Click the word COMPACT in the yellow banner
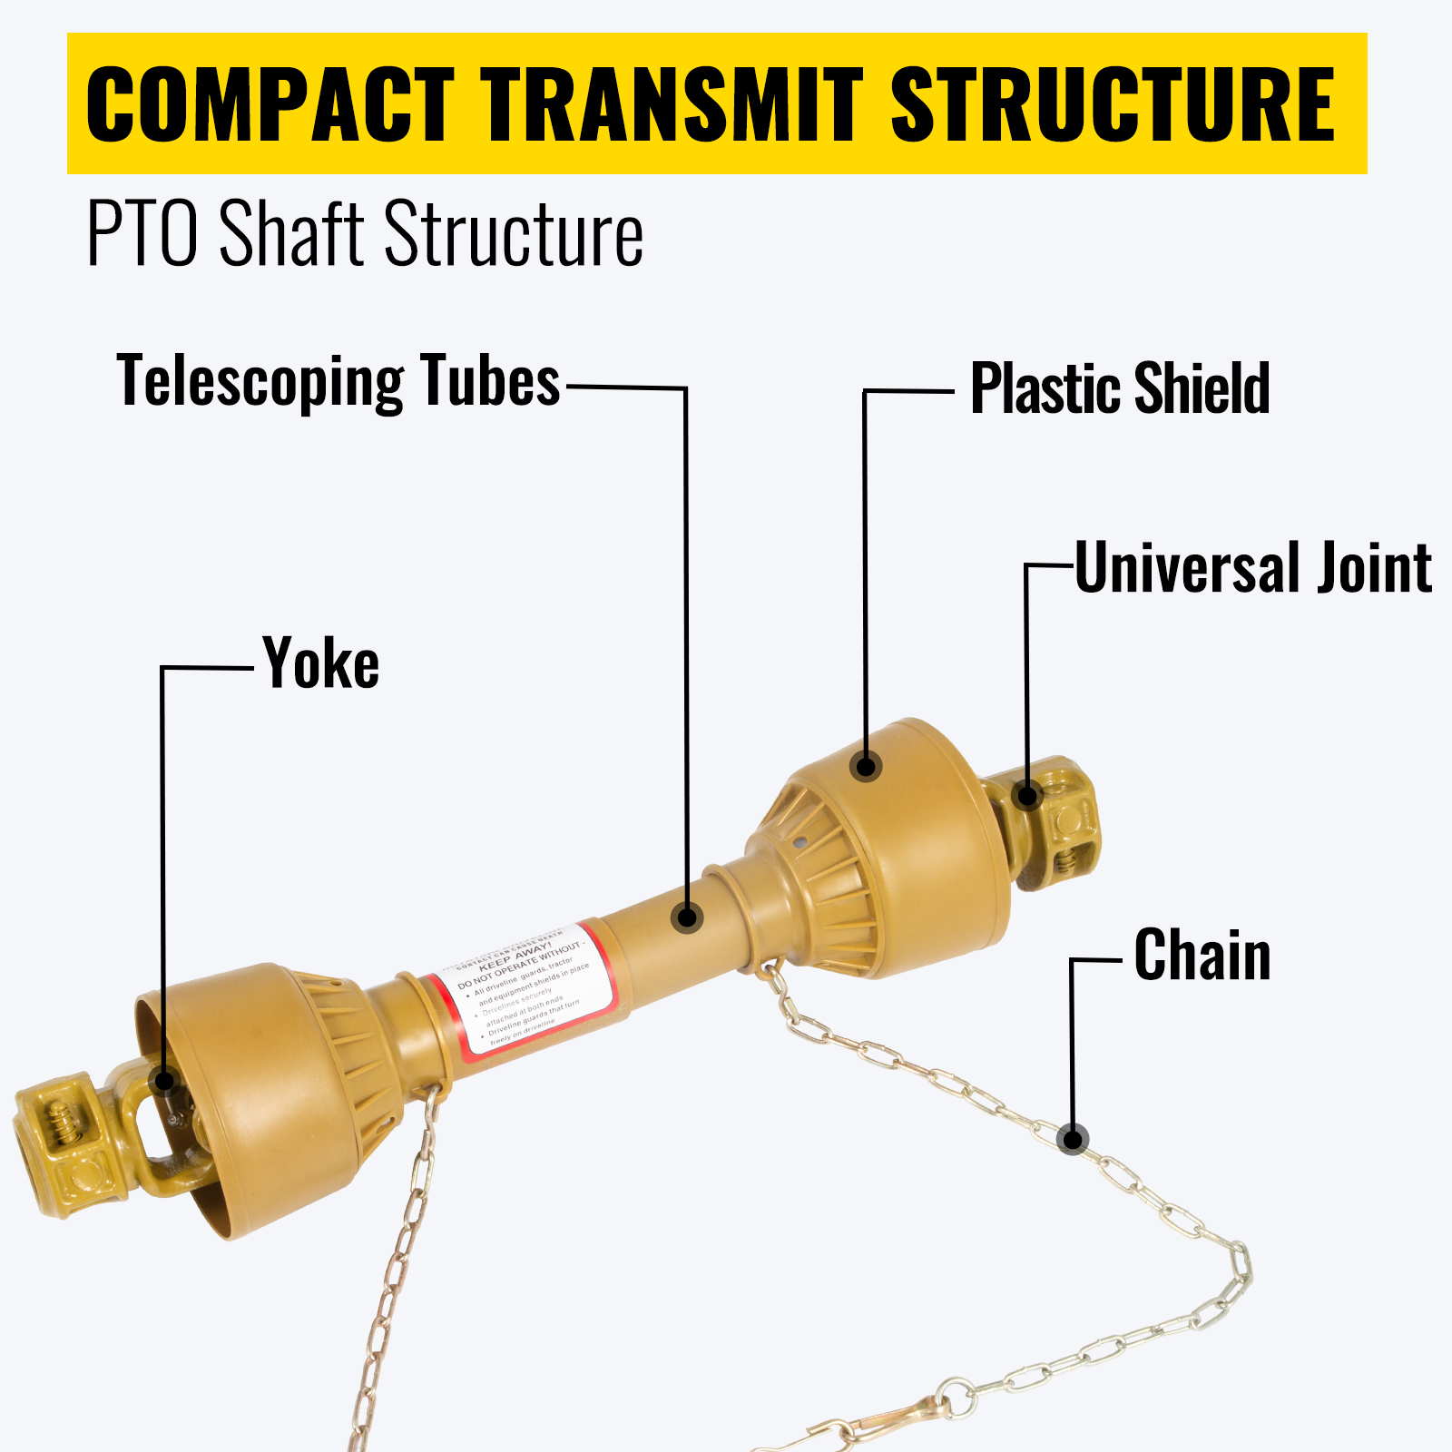(270, 104)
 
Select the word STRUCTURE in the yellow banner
(1113, 104)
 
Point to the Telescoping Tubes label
(338, 381)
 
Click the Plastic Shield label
(1120, 388)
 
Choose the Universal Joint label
(1253, 568)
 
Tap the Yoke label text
(321, 664)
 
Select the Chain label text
(1202, 956)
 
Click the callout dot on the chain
(1073, 1139)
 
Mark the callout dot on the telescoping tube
(687, 917)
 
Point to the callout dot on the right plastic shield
(867, 766)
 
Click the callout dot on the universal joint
(1027, 796)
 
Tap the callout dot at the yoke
(164, 1081)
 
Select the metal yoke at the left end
(64, 1139)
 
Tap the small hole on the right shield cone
(798, 842)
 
